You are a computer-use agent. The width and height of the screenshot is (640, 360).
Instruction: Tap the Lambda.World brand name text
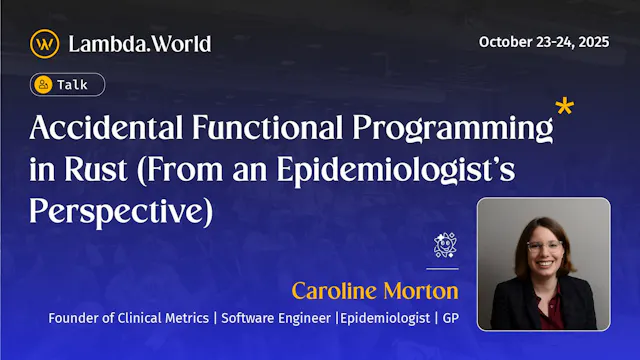tap(139, 43)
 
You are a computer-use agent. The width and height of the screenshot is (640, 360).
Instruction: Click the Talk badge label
tap(72, 85)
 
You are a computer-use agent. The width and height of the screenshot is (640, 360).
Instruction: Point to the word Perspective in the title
tap(111, 211)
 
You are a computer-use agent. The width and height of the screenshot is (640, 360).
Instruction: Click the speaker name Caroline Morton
tap(374, 291)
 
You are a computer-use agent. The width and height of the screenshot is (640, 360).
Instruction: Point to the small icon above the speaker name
tap(445, 245)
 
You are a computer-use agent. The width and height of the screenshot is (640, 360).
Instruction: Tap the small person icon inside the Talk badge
tap(43, 85)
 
